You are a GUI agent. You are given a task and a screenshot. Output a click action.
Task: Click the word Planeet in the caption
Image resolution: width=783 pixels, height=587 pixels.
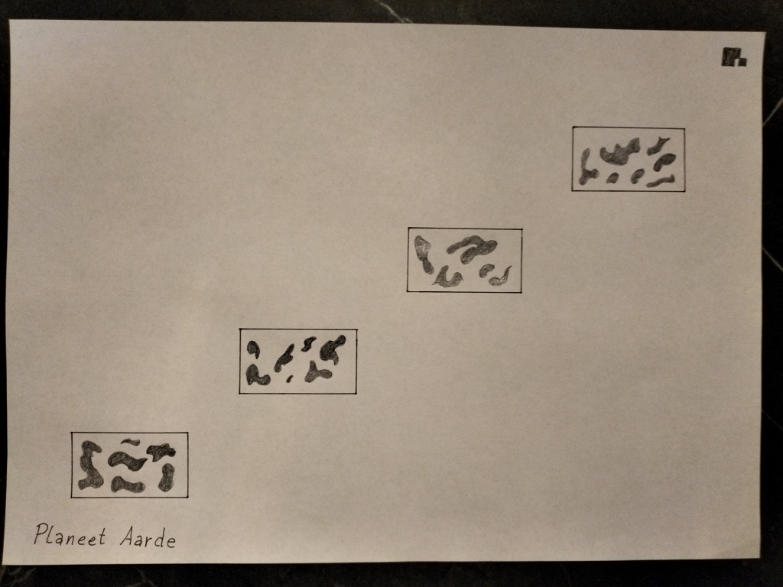click(x=70, y=534)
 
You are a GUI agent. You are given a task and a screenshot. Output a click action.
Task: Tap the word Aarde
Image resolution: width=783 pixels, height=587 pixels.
click(x=148, y=537)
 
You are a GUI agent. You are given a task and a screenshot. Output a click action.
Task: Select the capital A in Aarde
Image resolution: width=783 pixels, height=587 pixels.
click(x=128, y=537)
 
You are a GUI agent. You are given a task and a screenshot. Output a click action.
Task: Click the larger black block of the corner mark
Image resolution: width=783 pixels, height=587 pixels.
click(x=730, y=57)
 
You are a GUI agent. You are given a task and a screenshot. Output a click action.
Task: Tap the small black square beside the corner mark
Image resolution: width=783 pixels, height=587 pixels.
click(x=743, y=62)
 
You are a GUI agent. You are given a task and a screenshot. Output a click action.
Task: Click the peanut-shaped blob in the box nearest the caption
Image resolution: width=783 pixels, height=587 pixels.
click(x=167, y=477)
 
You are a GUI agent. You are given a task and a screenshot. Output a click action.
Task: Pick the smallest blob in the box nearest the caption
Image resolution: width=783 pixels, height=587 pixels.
click(x=132, y=442)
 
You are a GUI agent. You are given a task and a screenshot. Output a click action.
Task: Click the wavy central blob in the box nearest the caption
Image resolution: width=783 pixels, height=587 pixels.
click(x=126, y=461)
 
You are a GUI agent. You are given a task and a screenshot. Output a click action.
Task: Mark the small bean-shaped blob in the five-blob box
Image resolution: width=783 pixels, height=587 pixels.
click(x=486, y=270)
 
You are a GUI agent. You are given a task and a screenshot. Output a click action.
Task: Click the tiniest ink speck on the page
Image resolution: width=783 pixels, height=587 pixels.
click(x=289, y=379)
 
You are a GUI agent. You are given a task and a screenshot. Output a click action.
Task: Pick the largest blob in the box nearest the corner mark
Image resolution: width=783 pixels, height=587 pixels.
click(x=619, y=151)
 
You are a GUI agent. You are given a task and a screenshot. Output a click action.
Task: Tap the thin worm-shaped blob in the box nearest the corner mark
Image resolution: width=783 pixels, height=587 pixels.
click(x=660, y=181)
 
